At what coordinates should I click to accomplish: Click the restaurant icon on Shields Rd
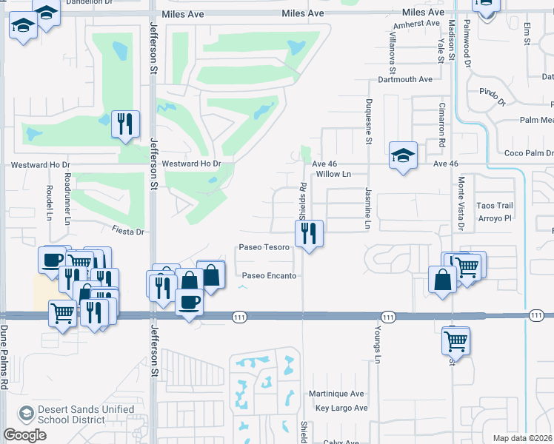click(309, 234)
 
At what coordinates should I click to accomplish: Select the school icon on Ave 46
click(402, 155)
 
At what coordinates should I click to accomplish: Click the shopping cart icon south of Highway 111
click(455, 341)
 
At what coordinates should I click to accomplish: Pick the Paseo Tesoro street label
click(264, 247)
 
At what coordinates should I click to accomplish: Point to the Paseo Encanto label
click(270, 276)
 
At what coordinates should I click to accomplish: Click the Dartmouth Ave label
click(404, 79)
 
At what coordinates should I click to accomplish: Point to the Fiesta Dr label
click(127, 232)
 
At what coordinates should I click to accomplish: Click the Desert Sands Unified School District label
click(86, 414)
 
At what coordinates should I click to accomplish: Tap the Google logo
click(24, 435)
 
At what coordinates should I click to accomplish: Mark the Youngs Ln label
click(377, 345)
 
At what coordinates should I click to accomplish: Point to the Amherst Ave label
click(417, 24)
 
